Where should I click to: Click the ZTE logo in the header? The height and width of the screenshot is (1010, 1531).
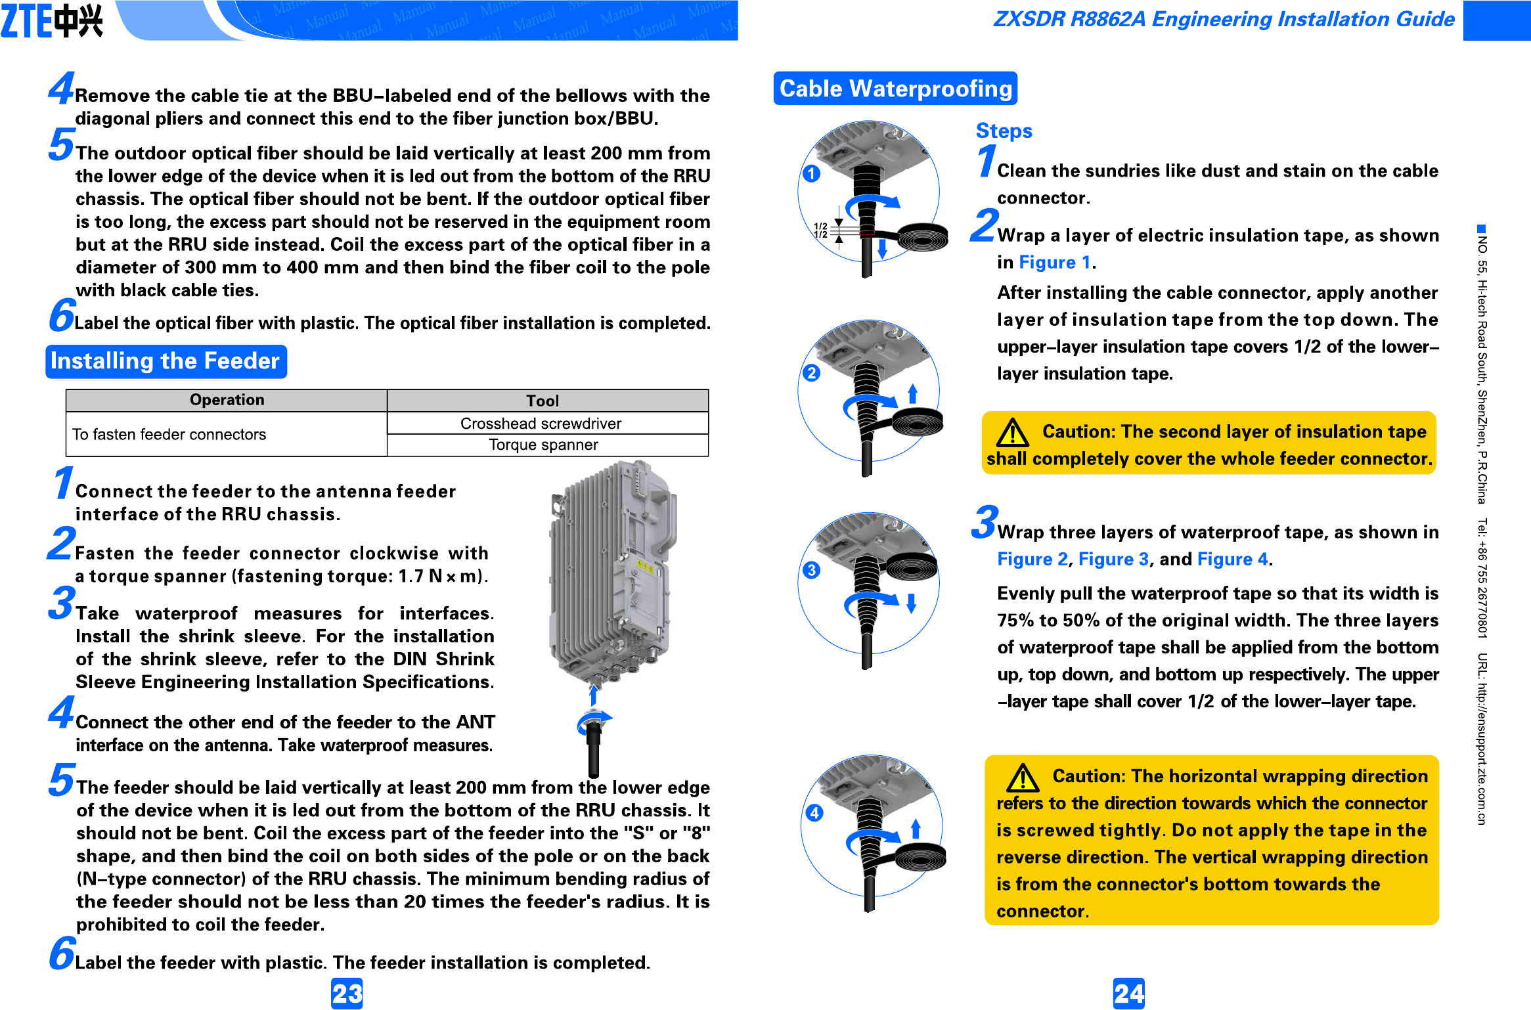coord(53,20)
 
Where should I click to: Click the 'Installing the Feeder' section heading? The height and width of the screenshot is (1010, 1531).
coord(166,361)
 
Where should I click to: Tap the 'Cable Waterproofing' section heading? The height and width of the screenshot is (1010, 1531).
coord(895,88)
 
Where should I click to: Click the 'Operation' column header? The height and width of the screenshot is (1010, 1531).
coord(227,400)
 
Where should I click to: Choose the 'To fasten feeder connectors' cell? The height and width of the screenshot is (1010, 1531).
coord(169,434)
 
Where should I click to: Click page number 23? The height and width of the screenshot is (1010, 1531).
coord(346,993)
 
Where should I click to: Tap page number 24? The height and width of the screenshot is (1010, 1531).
coord(1128,993)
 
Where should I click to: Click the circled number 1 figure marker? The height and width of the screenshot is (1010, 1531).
coord(811,173)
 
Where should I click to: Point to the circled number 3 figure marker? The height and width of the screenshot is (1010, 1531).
coord(811,569)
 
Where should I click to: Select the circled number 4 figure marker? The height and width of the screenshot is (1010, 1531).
coord(814,813)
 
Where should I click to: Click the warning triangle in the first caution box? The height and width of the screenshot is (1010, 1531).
coord(1012,433)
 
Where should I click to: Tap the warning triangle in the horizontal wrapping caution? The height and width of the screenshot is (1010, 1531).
coord(1023,778)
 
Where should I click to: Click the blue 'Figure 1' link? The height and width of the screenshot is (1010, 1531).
coord(1054,262)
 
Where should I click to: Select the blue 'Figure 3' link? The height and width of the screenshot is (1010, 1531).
coord(1113,559)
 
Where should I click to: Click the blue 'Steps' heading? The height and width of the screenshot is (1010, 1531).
coord(1004,131)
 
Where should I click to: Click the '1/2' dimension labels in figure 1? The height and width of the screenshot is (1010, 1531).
coord(820,231)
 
